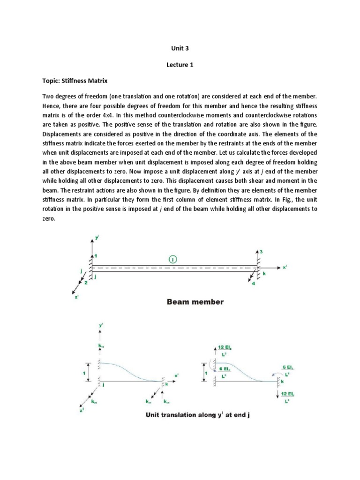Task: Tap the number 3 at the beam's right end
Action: tap(261, 252)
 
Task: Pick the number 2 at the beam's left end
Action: tap(86, 282)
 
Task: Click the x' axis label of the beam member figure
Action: tap(285, 267)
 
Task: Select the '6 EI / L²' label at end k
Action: tap(287, 371)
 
